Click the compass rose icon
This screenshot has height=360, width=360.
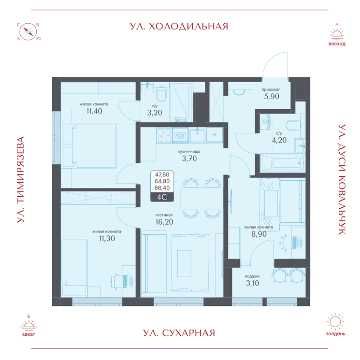(28, 32)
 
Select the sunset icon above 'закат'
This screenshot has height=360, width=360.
(29, 323)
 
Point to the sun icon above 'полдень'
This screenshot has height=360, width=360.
(335, 322)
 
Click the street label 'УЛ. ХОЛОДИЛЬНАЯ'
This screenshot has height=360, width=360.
(179, 27)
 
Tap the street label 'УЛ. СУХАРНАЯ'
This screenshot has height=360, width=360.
(179, 333)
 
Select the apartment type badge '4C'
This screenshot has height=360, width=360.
(162, 197)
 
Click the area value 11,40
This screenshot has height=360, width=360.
(94, 111)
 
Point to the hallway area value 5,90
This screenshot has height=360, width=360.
(272, 97)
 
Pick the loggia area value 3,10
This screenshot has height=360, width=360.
(252, 283)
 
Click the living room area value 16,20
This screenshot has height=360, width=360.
(164, 222)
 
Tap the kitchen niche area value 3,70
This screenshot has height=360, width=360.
(189, 158)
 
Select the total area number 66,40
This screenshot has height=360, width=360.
(162, 188)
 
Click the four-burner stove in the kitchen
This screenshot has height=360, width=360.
(164, 135)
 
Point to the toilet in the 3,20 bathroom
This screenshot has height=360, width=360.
(161, 94)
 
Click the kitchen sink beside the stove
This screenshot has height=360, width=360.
(197, 135)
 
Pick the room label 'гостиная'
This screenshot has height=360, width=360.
(164, 215)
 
